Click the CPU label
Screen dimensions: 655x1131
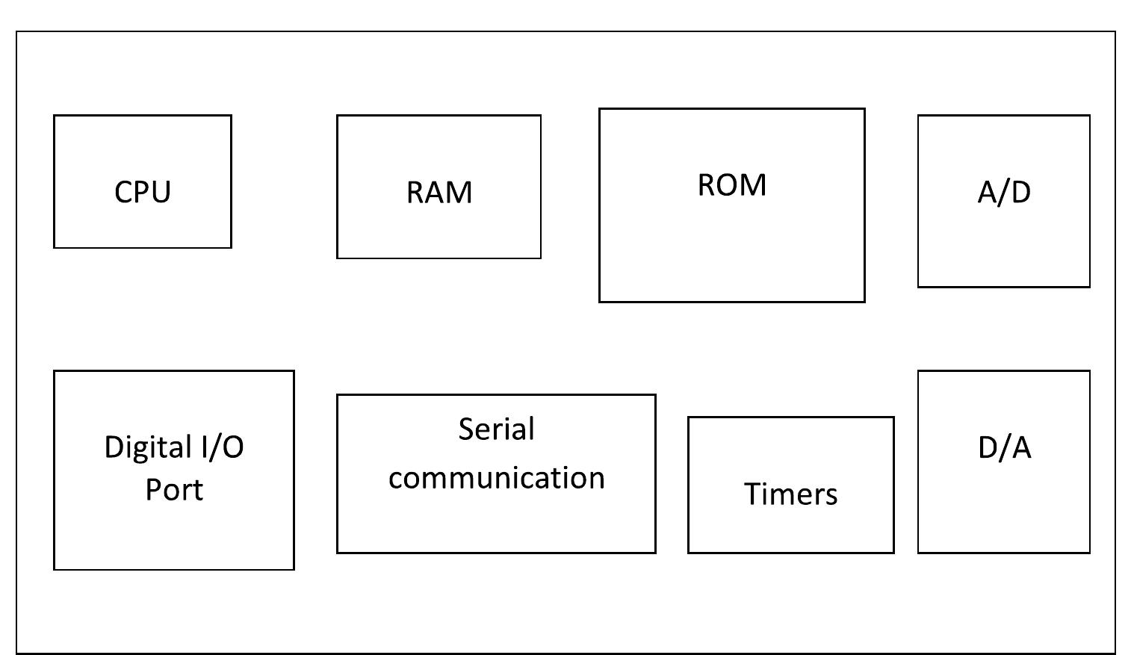click(x=143, y=192)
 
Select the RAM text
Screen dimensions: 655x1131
click(x=439, y=192)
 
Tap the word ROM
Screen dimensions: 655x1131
click(x=731, y=185)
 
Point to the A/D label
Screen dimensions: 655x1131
click(x=1004, y=192)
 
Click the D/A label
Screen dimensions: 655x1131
click(x=1004, y=447)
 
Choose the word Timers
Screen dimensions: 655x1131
click(x=790, y=494)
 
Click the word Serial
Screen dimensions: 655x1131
click(x=496, y=429)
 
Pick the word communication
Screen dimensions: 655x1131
click(x=496, y=478)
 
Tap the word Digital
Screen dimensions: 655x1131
click(x=147, y=447)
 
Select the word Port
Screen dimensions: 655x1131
click(x=174, y=490)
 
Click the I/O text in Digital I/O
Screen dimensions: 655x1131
click(x=221, y=447)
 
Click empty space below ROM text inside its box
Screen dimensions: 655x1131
click(x=731, y=254)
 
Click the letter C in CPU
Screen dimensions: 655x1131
click(x=123, y=192)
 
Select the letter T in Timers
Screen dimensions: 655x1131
click(x=751, y=494)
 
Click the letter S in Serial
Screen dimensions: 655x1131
click(x=466, y=429)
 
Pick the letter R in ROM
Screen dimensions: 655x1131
click(x=706, y=185)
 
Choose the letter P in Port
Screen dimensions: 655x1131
click(x=152, y=490)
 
